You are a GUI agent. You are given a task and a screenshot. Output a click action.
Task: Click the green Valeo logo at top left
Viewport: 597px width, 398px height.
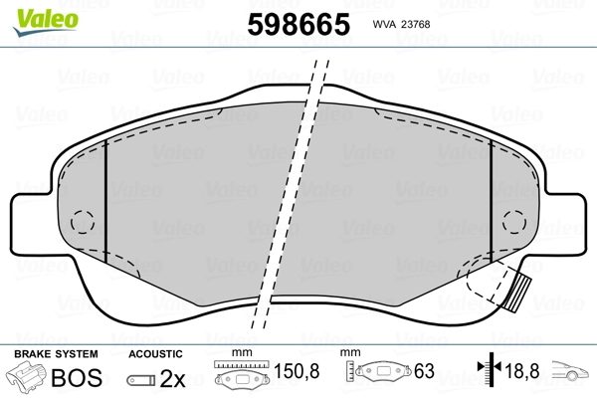pos(31,13)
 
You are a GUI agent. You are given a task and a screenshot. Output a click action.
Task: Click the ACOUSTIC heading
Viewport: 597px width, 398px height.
pos(155,353)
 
